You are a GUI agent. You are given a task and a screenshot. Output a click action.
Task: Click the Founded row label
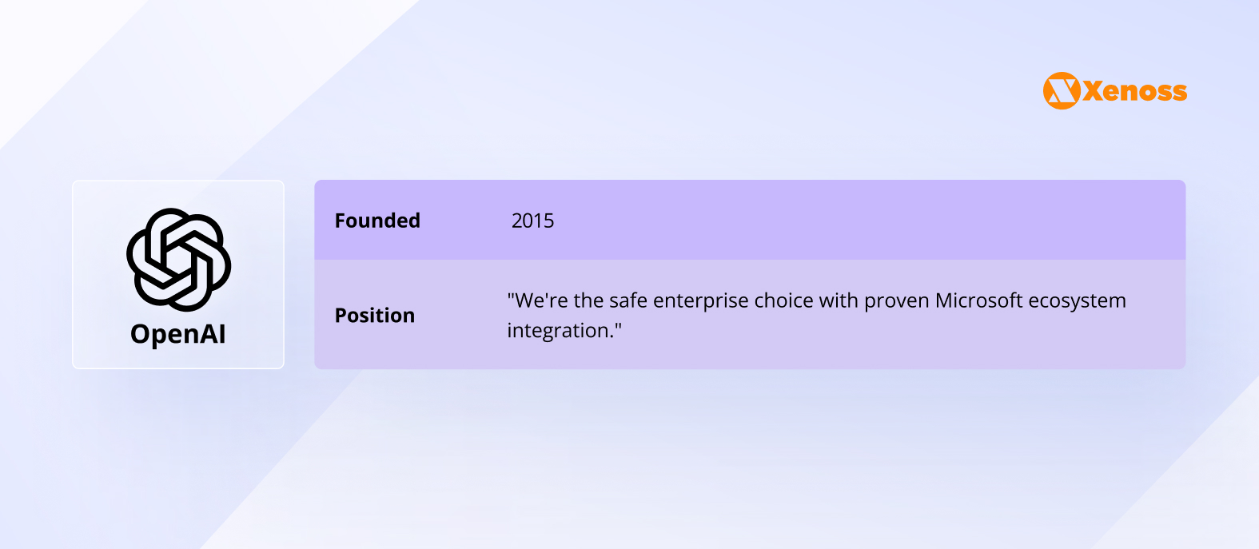(x=377, y=221)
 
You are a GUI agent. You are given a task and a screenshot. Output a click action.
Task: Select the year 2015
(x=532, y=221)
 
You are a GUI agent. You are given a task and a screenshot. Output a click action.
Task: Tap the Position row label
(x=374, y=315)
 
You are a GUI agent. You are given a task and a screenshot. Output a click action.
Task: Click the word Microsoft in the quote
(x=978, y=300)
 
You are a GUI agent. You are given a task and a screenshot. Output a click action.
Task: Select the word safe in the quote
(x=628, y=300)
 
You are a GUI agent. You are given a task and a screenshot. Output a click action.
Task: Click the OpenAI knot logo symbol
(x=179, y=260)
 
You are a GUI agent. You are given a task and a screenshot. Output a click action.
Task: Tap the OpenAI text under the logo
(x=178, y=334)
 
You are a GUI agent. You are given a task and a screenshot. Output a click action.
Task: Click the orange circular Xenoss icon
(x=1062, y=90)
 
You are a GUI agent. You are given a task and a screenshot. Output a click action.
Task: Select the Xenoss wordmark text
(x=1135, y=91)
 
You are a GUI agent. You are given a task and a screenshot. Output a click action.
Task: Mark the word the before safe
(x=588, y=300)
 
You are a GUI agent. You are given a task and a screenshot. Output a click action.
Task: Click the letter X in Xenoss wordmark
(x=1094, y=91)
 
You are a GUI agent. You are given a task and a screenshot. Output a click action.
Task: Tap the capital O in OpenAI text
(x=141, y=334)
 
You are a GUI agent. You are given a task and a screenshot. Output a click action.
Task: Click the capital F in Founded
(x=341, y=221)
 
